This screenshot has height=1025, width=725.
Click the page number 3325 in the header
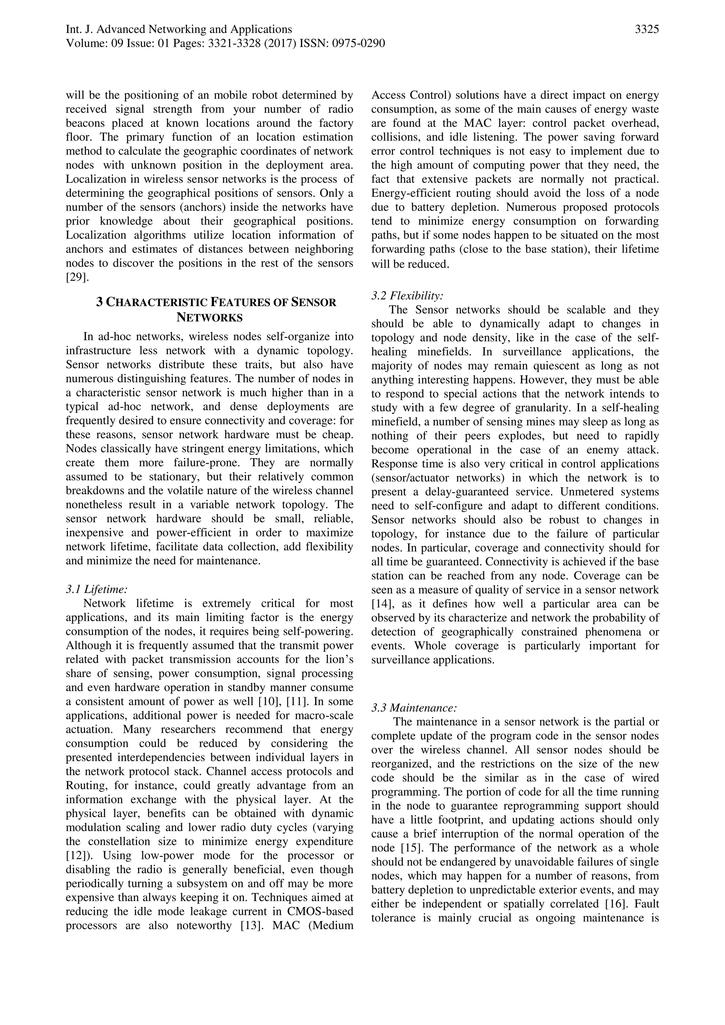click(x=646, y=29)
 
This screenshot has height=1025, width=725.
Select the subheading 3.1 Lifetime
click(x=96, y=589)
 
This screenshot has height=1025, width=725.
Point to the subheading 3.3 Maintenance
click(x=414, y=708)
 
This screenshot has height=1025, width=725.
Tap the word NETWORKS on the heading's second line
click(x=209, y=318)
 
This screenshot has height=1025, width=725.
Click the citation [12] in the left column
click(x=77, y=855)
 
